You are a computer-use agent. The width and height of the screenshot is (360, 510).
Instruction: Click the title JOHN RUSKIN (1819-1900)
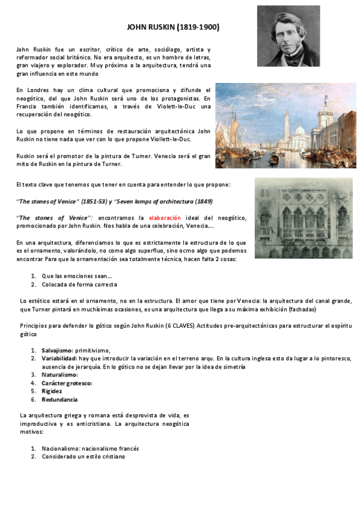tap(174, 27)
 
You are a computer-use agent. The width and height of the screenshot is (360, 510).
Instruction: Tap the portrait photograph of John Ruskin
tap(288, 36)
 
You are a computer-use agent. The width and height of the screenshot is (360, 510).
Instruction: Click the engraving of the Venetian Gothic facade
tap(303, 218)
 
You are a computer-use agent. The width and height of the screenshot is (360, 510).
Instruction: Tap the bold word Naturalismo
tap(59, 375)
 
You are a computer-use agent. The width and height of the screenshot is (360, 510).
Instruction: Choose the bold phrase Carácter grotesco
tap(67, 383)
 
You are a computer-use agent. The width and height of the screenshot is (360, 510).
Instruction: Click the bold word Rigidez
tap(52, 391)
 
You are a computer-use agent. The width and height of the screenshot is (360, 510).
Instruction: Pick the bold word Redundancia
tap(59, 399)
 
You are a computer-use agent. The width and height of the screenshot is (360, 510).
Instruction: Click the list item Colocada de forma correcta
tap(79, 284)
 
